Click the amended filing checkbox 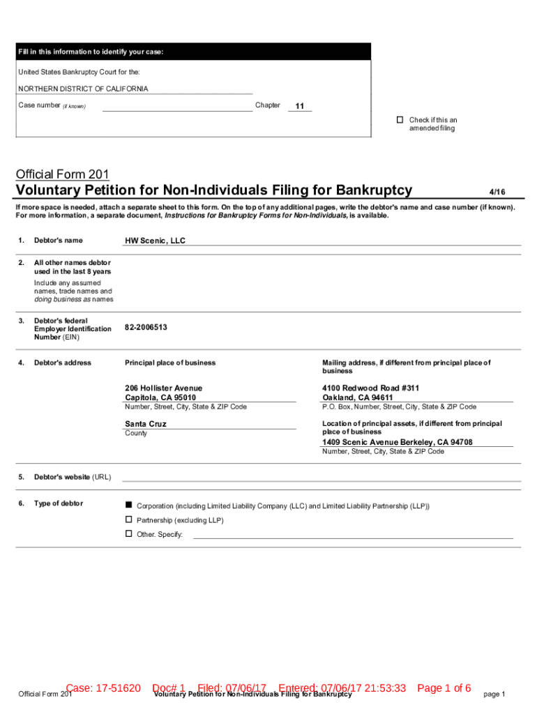tap(400, 120)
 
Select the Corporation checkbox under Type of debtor tap(128, 505)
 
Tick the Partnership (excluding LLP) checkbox tap(128, 519)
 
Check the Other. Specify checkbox tap(128, 533)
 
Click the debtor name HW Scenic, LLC tap(155, 241)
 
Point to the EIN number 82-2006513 tap(146, 327)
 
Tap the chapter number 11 tap(300, 107)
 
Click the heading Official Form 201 tap(62, 174)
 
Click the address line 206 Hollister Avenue tap(163, 388)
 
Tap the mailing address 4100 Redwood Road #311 tap(370, 388)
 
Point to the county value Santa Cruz tap(145, 424)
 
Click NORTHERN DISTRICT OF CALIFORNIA tap(83, 89)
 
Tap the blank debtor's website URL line tap(321, 477)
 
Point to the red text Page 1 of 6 tap(444, 688)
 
